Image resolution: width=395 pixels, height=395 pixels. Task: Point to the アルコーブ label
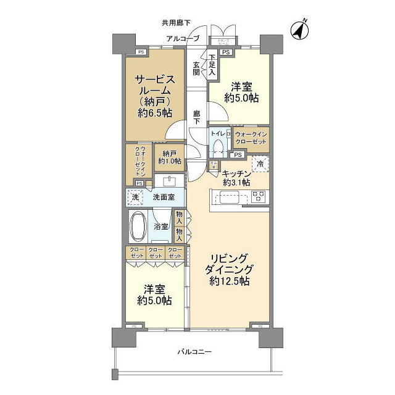click(182, 38)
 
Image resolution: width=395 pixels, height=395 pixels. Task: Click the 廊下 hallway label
click(196, 117)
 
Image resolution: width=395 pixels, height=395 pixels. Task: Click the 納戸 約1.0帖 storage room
click(170, 157)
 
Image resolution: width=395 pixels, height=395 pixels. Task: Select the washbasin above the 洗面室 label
click(167, 181)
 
